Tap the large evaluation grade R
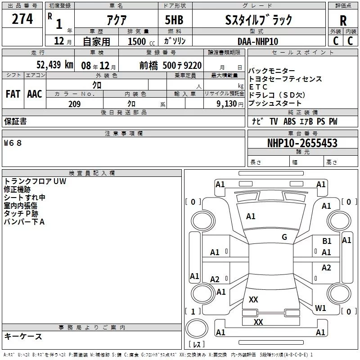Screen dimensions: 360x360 [343, 20]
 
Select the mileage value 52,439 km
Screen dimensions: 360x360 [54, 65]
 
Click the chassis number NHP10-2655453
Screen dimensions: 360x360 [302, 143]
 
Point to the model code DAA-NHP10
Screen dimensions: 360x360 [258, 41]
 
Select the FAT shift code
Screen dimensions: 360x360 [13, 94]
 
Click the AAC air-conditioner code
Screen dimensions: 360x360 [35, 94]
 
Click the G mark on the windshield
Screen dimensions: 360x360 [284, 237]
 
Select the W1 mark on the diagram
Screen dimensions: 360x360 [320, 308]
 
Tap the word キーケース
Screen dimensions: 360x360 [23, 336]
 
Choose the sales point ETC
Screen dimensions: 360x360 [258, 87]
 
